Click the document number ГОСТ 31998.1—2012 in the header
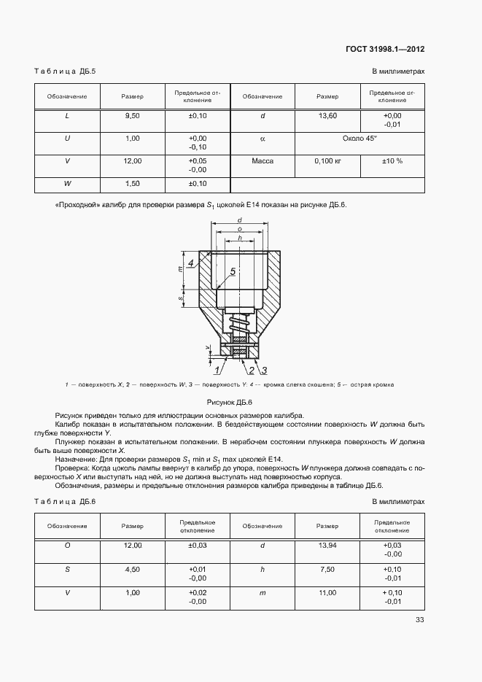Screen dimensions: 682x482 tap(385, 49)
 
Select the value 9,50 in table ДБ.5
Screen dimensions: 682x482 tap(133, 116)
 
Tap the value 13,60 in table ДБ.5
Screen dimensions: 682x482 tap(327, 116)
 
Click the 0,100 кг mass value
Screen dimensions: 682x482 tap(327, 161)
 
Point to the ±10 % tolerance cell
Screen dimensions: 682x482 tap(392, 161)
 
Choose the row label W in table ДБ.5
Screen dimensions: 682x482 tap(68, 184)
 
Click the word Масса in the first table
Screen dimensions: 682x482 tap(262, 161)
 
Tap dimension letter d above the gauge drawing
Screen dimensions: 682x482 tap(240, 220)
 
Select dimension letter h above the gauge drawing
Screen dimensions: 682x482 tap(240, 238)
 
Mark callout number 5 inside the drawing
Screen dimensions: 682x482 tap(233, 272)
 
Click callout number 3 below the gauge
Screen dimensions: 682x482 tap(264, 371)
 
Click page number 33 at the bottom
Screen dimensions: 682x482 tap(419, 620)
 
